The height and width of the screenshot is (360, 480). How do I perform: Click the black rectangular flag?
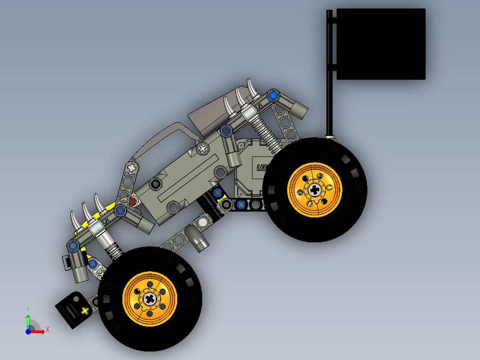(x=381, y=44)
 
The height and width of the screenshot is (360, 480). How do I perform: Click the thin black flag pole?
(x=329, y=89)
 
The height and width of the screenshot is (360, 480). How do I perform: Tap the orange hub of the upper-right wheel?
(x=315, y=190)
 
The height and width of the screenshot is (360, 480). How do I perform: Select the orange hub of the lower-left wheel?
(x=150, y=299)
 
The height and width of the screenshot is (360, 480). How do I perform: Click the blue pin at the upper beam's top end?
(x=273, y=95)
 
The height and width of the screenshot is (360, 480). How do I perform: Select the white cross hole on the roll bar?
(x=132, y=168)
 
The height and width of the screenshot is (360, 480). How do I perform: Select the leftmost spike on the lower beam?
(x=74, y=220)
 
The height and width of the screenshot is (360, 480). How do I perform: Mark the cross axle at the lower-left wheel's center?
(x=150, y=299)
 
